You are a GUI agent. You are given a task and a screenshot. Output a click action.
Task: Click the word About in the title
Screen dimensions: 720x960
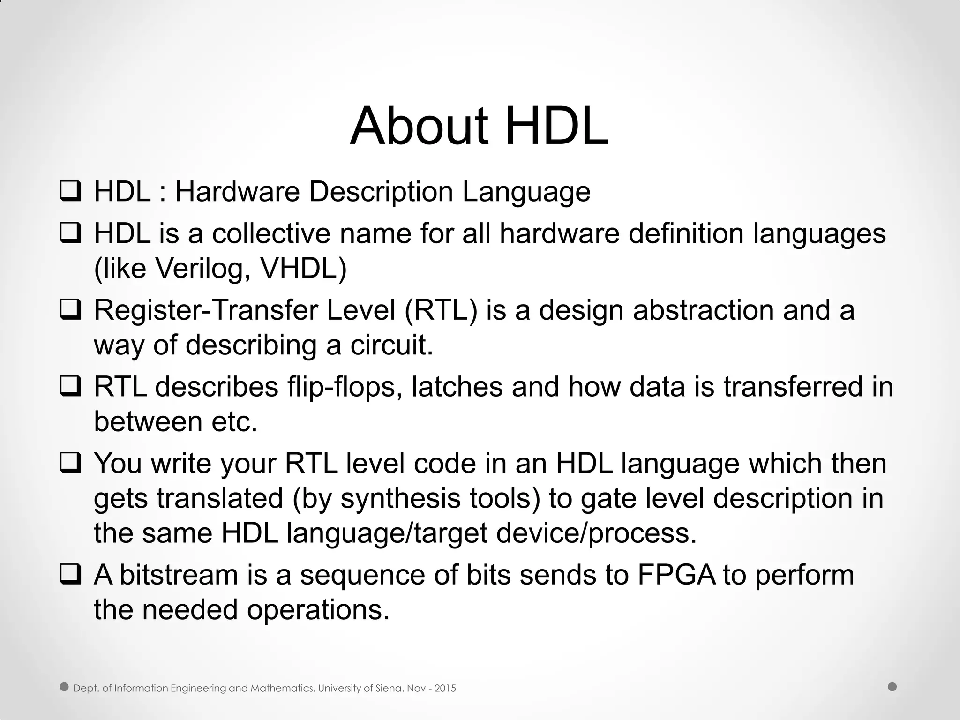click(x=419, y=126)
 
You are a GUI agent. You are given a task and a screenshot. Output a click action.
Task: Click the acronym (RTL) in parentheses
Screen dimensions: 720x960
click(x=440, y=310)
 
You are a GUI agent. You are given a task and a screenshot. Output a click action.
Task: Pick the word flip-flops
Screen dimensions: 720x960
click(x=345, y=387)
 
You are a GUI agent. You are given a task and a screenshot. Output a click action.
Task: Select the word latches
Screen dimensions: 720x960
click(x=457, y=387)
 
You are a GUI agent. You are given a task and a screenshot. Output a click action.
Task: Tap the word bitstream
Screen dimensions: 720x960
click(x=179, y=575)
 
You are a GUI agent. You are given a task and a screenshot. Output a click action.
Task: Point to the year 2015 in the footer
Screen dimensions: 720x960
click(x=445, y=688)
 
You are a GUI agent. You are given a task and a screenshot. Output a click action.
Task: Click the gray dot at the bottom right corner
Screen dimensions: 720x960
click(x=892, y=687)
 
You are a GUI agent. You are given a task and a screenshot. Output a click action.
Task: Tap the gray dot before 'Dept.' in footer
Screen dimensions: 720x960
click(x=65, y=687)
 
